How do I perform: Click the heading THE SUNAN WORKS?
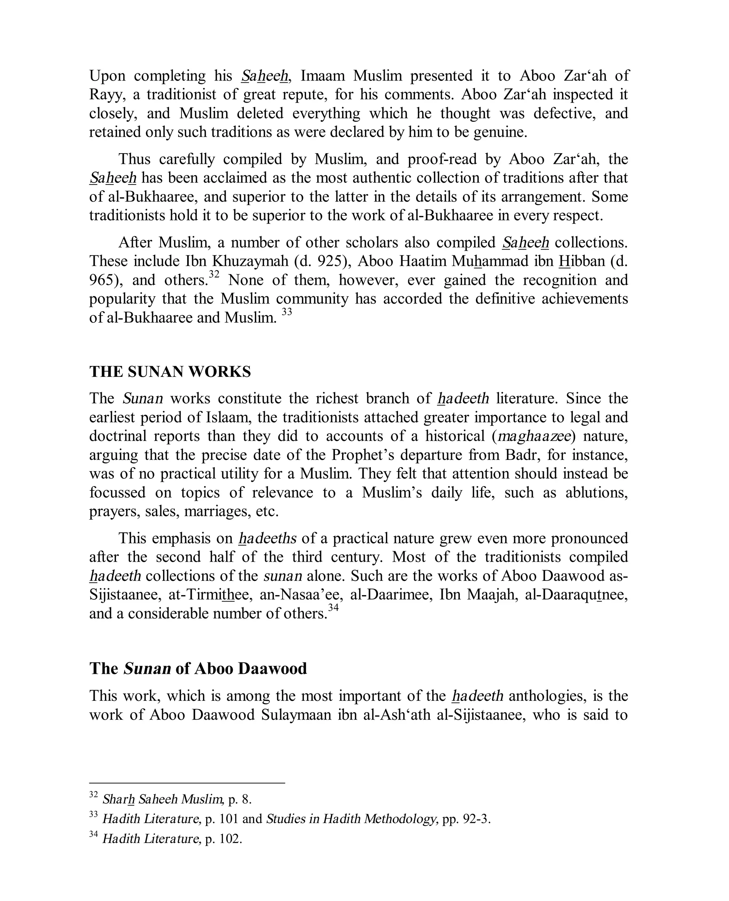coord(170,372)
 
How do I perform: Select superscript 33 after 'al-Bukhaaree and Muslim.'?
coord(287,312)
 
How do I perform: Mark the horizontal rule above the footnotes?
coord(187,782)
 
